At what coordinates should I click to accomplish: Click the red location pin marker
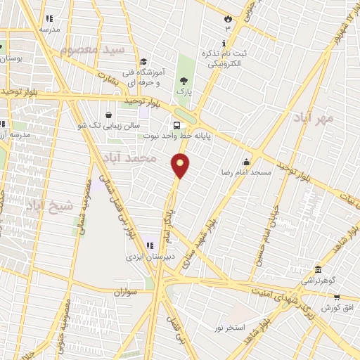(x=181, y=165)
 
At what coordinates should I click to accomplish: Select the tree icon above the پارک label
(x=184, y=80)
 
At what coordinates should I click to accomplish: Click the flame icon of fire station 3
(x=227, y=18)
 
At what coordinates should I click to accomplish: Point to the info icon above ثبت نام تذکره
(x=224, y=44)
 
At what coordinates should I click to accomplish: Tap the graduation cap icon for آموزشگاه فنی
(x=143, y=61)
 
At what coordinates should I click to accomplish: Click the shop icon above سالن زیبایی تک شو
(x=108, y=115)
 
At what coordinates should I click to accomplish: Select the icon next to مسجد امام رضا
(x=246, y=162)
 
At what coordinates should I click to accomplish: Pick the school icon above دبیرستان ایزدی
(x=149, y=245)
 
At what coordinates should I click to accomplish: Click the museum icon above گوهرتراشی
(x=318, y=269)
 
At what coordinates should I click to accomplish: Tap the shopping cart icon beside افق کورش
(x=347, y=297)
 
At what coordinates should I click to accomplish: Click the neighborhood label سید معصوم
(x=92, y=50)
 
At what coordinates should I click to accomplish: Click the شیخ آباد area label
(x=49, y=206)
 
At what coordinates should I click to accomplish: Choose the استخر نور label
(x=230, y=328)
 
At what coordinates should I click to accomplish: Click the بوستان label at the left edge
(x=10, y=58)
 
